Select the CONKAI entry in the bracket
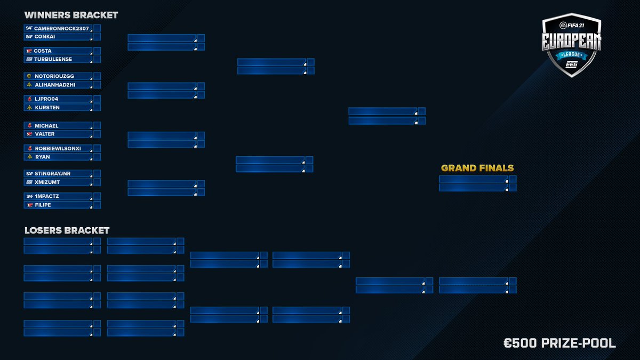(x=45, y=37)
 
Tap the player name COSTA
(x=43, y=51)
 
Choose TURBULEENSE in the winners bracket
(x=53, y=59)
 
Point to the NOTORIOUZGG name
(x=54, y=76)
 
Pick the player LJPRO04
(x=47, y=99)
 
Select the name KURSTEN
(x=47, y=108)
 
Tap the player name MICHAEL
(x=46, y=126)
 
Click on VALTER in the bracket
(x=44, y=134)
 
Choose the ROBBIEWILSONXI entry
(x=58, y=148)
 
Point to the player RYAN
(x=42, y=157)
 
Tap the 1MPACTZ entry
(x=47, y=196)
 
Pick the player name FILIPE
(x=43, y=205)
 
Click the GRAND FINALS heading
(x=477, y=168)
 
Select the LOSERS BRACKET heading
(x=67, y=230)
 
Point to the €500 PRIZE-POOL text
(x=559, y=343)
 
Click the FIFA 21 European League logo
(x=571, y=45)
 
